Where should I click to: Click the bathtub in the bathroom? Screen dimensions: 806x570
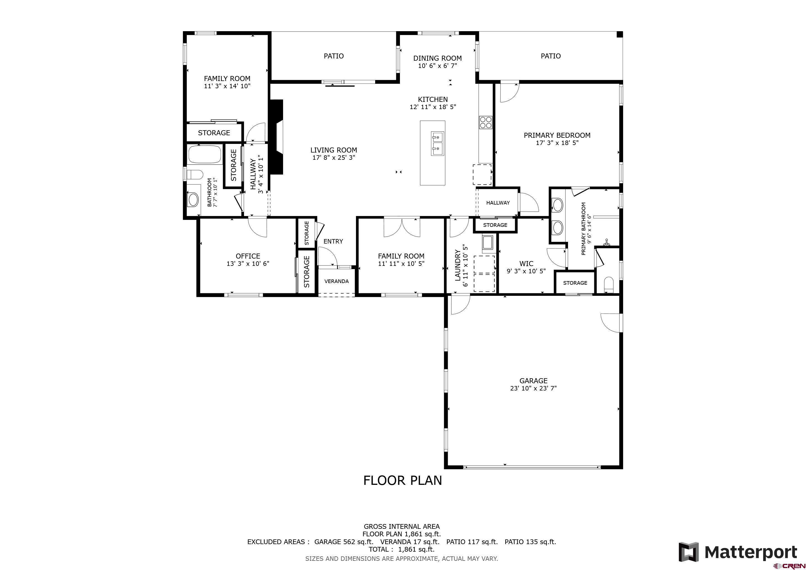click(x=205, y=154)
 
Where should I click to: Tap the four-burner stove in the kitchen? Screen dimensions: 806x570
click(x=485, y=122)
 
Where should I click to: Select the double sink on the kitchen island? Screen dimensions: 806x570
click(x=437, y=144)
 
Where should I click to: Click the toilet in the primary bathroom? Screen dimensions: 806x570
click(x=608, y=285)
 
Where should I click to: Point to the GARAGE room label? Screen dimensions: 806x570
click(x=533, y=380)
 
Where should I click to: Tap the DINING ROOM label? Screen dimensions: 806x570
click(x=438, y=58)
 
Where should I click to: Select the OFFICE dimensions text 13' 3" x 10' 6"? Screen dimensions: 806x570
click(x=248, y=264)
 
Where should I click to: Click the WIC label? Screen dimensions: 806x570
click(x=526, y=264)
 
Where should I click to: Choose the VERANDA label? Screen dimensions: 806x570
click(x=336, y=281)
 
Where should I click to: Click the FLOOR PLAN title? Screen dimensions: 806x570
click(x=403, y=480)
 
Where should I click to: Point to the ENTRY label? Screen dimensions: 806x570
click(x=333, y=241)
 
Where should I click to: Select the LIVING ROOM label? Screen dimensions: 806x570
click(x=333, y=150)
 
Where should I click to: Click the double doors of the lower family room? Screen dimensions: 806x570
click(x=402, y=227)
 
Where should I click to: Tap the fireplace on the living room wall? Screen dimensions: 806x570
click(x=276, y=137)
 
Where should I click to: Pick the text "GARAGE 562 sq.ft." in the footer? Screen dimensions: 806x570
click(x=344, y=542)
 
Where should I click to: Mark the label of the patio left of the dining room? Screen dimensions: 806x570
click(x=333, y=56)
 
